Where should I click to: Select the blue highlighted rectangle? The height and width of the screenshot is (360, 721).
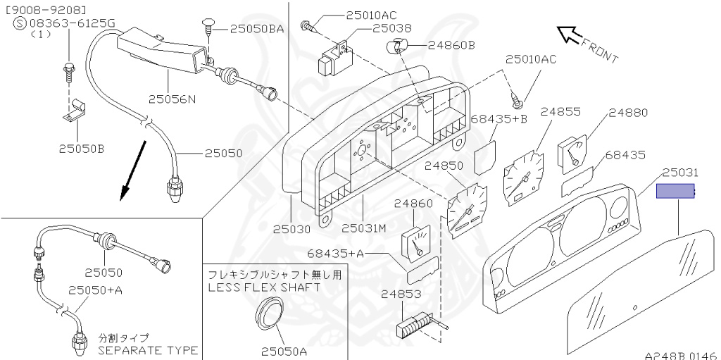pyautogui.click(x=675, y=191)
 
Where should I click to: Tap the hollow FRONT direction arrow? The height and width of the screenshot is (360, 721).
pyautogui.click(x=569, y=35)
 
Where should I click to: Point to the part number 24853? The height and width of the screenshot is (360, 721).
pyautogui.click(x=401, y=293)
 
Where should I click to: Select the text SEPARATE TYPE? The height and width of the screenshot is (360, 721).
pyautogui.click(x=148, y=350)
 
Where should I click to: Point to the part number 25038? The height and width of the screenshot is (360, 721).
pyautogui.click(x=391, y=29)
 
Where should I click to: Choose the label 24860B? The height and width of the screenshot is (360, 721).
pyautogui.click(x=451, y=45)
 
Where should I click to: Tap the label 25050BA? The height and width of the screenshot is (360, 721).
pyautogui.click(x=256, y=29)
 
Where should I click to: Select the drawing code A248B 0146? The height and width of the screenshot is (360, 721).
pyautogui.click(x=681, y=355)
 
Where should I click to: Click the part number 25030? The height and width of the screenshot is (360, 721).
pyautogui.click(x=291, y=229)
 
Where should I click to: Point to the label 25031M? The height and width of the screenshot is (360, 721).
pyautogui.click(x=365, y=229)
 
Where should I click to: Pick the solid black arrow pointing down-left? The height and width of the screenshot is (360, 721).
pyautogui.click(x=133, y=170)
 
